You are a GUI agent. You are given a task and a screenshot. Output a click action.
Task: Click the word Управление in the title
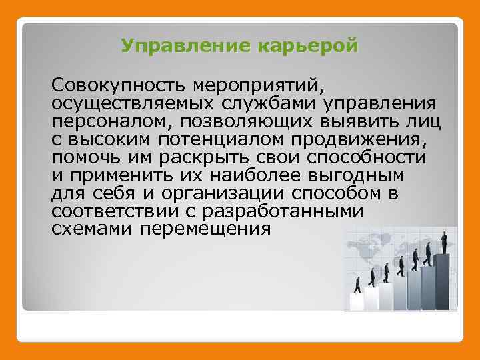click(176, 46)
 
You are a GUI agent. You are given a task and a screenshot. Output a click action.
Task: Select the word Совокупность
click(120, 87)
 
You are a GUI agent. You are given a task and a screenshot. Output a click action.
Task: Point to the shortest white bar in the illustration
click(357, 301)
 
